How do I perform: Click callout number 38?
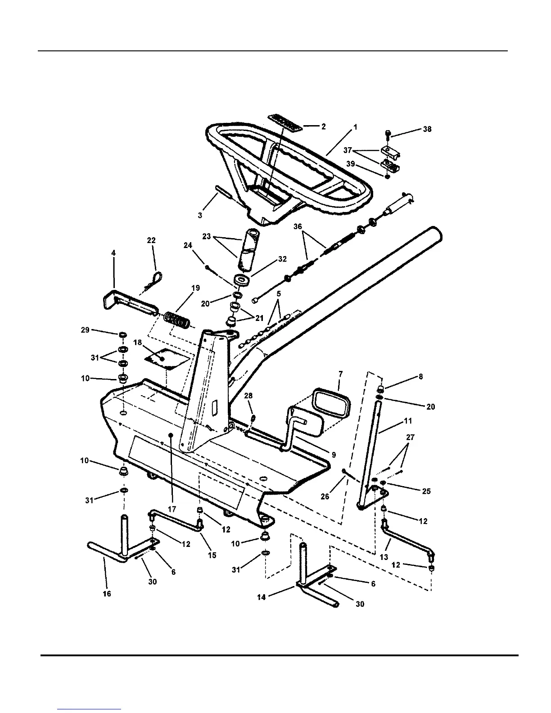pos(427,129)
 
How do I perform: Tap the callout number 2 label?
pos(323,126)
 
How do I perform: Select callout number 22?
pos(151,241)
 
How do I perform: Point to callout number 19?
pos(195,288)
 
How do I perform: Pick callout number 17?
pos(172,509)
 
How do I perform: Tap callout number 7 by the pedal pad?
pos(340,374)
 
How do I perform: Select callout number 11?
pos(408,421)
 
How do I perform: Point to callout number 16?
pos(107,594)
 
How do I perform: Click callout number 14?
pos(262,597)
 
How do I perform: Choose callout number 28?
pos(248,396)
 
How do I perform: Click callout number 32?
pos(282,259)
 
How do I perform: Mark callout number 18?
pos(138,343)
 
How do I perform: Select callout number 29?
pos(85,330)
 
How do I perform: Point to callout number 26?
pos(325,496)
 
